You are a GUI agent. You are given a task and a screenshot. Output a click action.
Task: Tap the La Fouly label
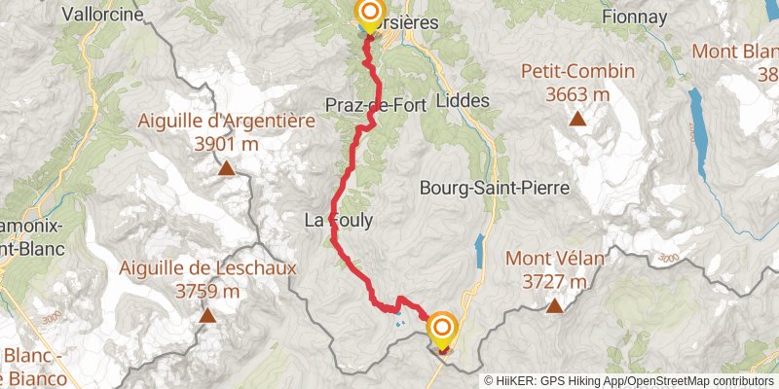coord(339,221)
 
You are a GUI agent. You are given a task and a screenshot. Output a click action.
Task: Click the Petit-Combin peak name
coord(577,71)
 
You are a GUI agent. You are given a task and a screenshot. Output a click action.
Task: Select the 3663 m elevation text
coord(577,93)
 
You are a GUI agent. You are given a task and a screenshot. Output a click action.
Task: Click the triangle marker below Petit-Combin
coord(577,121)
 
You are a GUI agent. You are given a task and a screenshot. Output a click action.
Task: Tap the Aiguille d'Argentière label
coord(225,122)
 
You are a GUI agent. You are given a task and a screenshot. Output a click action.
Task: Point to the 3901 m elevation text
coord(225,144)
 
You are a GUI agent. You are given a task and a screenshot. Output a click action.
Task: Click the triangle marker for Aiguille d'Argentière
coord(226,170)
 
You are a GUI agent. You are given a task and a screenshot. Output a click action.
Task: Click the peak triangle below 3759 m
coord(207,315)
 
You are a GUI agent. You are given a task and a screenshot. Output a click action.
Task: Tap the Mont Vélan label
coord(555,259)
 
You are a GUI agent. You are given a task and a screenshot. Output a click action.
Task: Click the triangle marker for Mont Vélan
coord(554,307)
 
